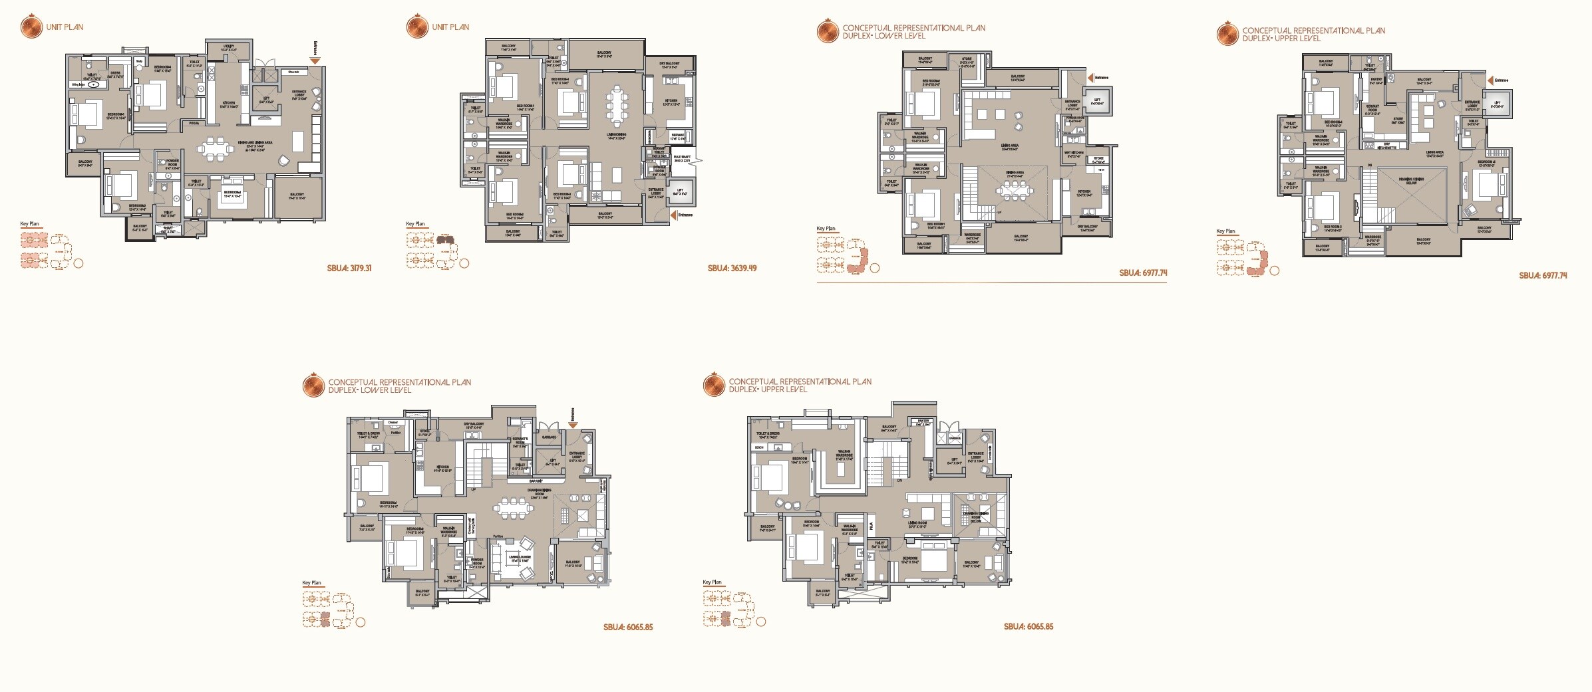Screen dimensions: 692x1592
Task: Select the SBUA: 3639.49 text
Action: tap(732, 269)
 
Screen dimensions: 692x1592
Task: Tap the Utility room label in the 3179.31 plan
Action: tap(230, 49)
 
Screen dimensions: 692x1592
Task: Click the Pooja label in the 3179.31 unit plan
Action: tap(194, 123)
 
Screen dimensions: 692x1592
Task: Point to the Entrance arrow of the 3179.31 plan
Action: tap(315, 60)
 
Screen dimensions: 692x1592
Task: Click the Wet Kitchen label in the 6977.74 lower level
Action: tap(1073, 154)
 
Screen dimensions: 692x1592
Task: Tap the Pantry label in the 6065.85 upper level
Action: tap(923, 421)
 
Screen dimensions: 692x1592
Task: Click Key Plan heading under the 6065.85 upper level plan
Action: tap(712, 582)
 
